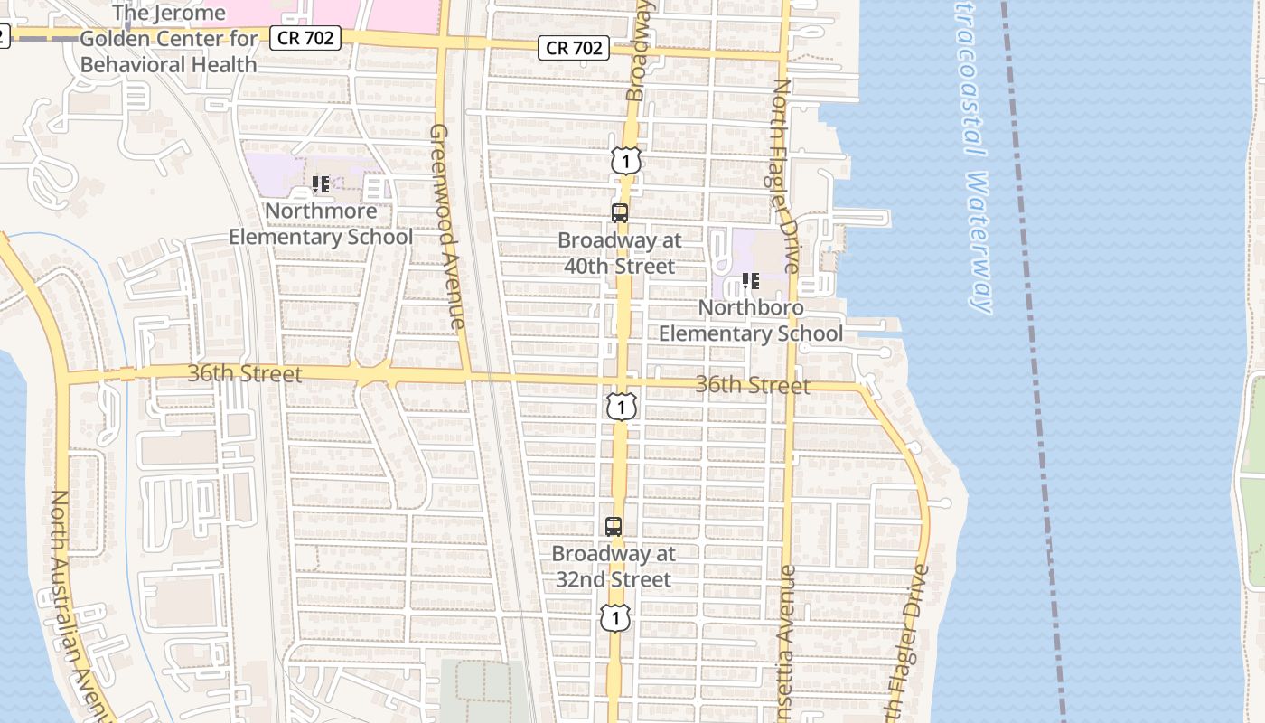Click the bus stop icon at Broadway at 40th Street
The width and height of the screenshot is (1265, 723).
pyautogui.click(x=620, y=213)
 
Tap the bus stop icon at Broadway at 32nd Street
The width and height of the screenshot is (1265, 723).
pyautogui.click(x=614, y=526)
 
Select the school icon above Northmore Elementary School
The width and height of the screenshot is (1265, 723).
pyautogui.click(x=320, y=184)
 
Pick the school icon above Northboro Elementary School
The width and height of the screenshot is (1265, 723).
pyautogui.click(x=750, y=281)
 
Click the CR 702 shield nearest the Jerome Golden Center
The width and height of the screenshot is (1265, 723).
pyautogui.click(x=305, y=38)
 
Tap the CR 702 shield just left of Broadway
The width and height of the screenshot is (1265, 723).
pyautogui.click(x=574, y=48)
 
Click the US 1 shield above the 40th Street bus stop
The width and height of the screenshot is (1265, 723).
pyautogui.click(x=625, y=161)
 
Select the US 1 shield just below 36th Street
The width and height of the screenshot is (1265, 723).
pyautogui.click(x=621, y=407)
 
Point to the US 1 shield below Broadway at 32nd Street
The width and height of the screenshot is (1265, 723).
pyautogui.click(x=614, y=618)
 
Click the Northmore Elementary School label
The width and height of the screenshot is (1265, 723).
pyautogui.click(x=320, y=224)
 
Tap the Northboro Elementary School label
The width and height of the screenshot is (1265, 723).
pyautogui.click(x=750, y=321)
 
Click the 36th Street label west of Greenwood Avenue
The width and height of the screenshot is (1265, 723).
pyautogui.click(x=245, y=373)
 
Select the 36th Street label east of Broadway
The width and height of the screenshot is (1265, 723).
pyautogui.click(x=752, y=386)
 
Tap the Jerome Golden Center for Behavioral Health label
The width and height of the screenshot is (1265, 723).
pyautogui.click(x=169, y=39)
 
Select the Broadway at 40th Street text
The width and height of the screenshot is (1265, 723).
pyautogui.click(x=620, y=253)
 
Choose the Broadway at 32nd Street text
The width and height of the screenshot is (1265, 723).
pyautogui.click(x=614, y=566)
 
